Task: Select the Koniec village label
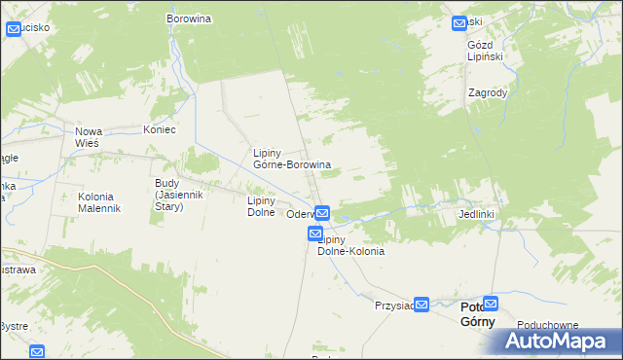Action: tap(159, 130)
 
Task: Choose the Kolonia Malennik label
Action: tap(99, 202)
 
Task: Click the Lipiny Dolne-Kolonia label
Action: tap(349, 245)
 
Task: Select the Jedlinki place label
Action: tap(478, 213)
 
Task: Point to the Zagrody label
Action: tap(487, 93)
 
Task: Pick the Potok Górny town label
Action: tap(477, 315)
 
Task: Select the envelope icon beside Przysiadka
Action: tap(421, 306)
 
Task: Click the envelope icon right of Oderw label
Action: tap(322, 213)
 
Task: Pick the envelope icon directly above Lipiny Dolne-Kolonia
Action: tap(315, 234)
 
